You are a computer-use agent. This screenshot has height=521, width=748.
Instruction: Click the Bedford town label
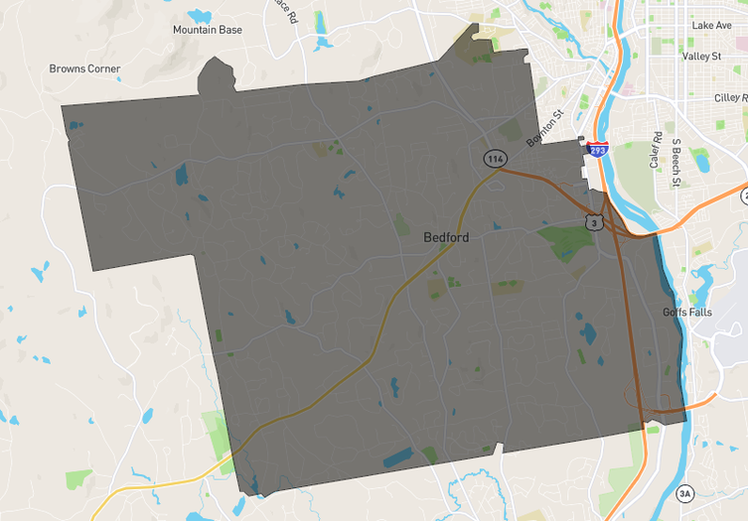pos(446,237)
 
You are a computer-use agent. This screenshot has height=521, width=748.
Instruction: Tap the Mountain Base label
pos(207,30)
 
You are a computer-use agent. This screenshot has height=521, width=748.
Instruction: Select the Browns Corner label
pos(84,69)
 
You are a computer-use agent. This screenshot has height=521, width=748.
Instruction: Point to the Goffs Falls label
pos(687,312)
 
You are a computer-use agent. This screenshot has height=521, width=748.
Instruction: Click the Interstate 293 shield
pos(597,151)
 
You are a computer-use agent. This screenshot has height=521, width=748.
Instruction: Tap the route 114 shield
pos(495,159)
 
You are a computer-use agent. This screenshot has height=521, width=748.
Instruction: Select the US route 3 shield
pos(592,222)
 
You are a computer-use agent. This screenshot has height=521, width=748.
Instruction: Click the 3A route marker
pos(684,493)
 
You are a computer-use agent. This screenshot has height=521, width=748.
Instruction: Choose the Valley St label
pos(701,57)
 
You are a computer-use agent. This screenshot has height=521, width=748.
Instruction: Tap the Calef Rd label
pos(656,149)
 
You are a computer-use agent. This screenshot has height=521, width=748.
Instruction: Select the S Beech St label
pos(675,163)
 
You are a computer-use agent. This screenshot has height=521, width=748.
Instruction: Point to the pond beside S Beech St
pos(701,160)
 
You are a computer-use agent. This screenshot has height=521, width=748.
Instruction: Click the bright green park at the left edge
pos(78,478)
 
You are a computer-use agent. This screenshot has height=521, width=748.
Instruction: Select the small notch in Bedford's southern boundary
pos(498,450)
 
